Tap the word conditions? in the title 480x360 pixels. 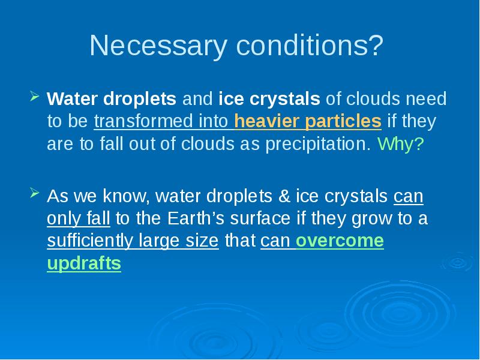tap(310, 45)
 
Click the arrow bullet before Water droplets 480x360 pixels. tap(35, 96)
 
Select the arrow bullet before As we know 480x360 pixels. tap(35, 193)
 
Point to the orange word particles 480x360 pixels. tap(343, 122)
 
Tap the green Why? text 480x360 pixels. tap(401, 143)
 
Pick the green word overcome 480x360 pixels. tap(340, 241)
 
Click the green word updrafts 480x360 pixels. tap(84, 264)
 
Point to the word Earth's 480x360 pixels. tap(196, 218)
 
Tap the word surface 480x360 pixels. tap(260, 218)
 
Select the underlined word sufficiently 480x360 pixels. tap(90, 241)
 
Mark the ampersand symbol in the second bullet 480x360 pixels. tap(284, 196)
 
